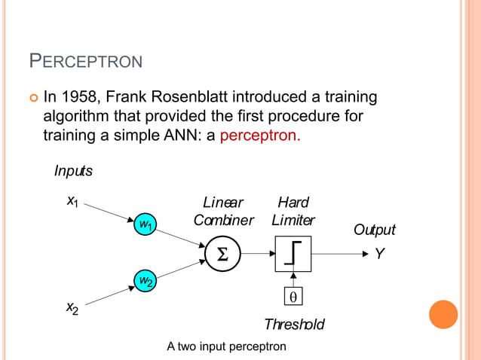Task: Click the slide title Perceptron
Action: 84,60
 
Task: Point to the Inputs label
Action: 73,171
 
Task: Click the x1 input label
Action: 73,201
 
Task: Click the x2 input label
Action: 73,307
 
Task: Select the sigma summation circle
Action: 222,254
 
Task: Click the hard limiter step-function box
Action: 293,254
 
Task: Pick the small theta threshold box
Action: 293,297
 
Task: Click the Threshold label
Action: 294,325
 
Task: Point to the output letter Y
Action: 379,255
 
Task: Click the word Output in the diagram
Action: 374,230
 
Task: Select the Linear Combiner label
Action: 223,211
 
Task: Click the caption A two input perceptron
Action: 226,346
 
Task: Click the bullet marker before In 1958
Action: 32,99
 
